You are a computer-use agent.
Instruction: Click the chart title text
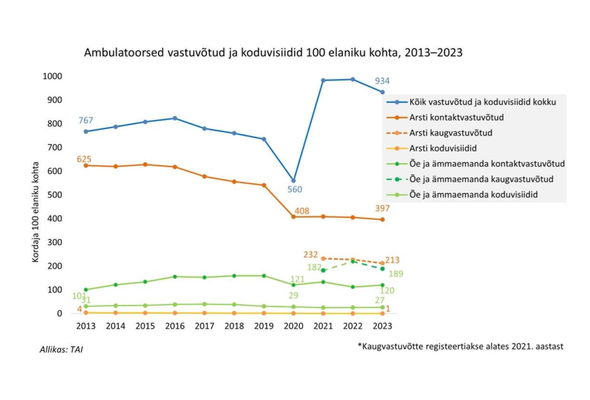(273, 53)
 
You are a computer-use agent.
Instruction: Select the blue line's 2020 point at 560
(294, 181)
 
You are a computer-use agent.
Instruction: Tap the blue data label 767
(86, 120)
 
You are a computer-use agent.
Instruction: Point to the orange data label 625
(84, 159)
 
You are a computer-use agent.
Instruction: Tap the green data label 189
(396, 274)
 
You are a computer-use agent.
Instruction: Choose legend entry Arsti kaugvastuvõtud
(450, 133)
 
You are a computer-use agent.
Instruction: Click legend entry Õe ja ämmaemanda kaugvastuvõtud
(480, 179)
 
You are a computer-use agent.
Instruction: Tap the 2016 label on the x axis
(175, 326)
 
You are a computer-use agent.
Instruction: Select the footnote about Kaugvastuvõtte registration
(460, 346)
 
